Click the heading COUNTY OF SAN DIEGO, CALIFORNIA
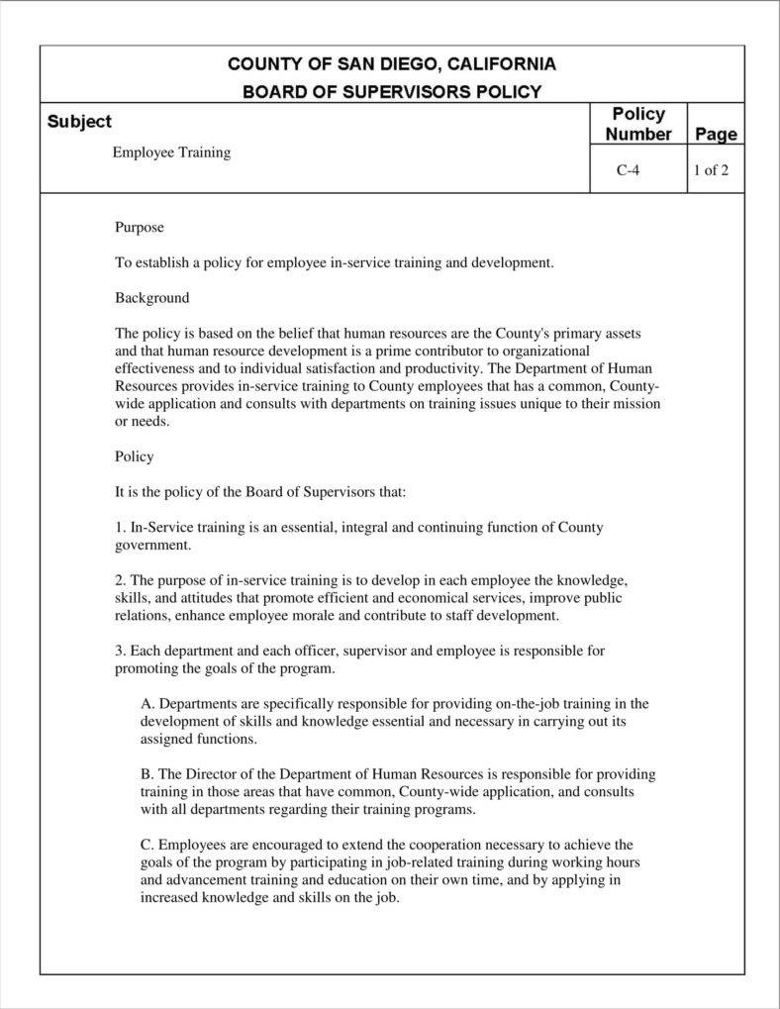pos(392,64)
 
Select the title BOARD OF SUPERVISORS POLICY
pos(392,92)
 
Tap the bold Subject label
pos(79,122)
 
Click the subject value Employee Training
pos(171,152)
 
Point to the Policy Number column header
pos(638,124)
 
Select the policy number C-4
pos(628,169)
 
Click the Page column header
pos(716,134)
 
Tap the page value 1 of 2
pos(711,169)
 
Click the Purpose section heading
pos(140,228)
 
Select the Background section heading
pos(151,297)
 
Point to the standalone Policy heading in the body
pos(135,456)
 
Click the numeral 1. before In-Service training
pos(121,527)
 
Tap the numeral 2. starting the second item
pos(121,580)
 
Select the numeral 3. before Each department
pos(121,651)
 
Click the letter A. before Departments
pos(148,704)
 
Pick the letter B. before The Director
pos(147,774)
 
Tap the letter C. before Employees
pos(147,845)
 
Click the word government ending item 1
pos(151,545)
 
